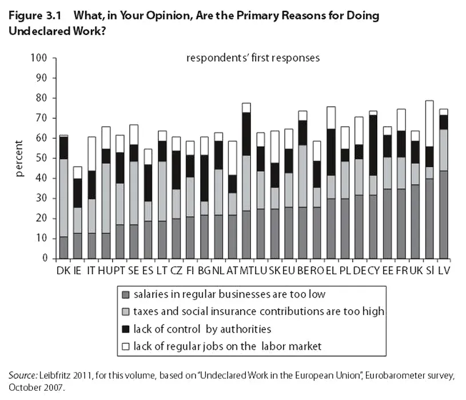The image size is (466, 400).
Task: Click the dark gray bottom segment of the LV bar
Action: click(443, 214)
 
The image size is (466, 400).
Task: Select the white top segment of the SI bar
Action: click(429, 123)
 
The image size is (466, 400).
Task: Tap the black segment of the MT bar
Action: click(246, 134)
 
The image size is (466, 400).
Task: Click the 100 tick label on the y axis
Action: click(38, 58)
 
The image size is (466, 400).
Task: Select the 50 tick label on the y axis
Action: click(41, 158)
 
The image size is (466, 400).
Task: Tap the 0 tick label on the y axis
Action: click(43, 259)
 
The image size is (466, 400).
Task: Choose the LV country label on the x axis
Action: click(444, 270)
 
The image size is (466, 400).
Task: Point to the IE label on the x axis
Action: click(78, 270)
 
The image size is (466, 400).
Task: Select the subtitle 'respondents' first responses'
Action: click(252, 58)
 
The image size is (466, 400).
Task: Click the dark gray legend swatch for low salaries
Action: click(126, 295)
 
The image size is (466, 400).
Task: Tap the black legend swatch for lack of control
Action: click(126, 329)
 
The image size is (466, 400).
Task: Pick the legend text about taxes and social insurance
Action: click(258, 312)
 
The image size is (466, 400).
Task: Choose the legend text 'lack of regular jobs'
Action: click(228, 346)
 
